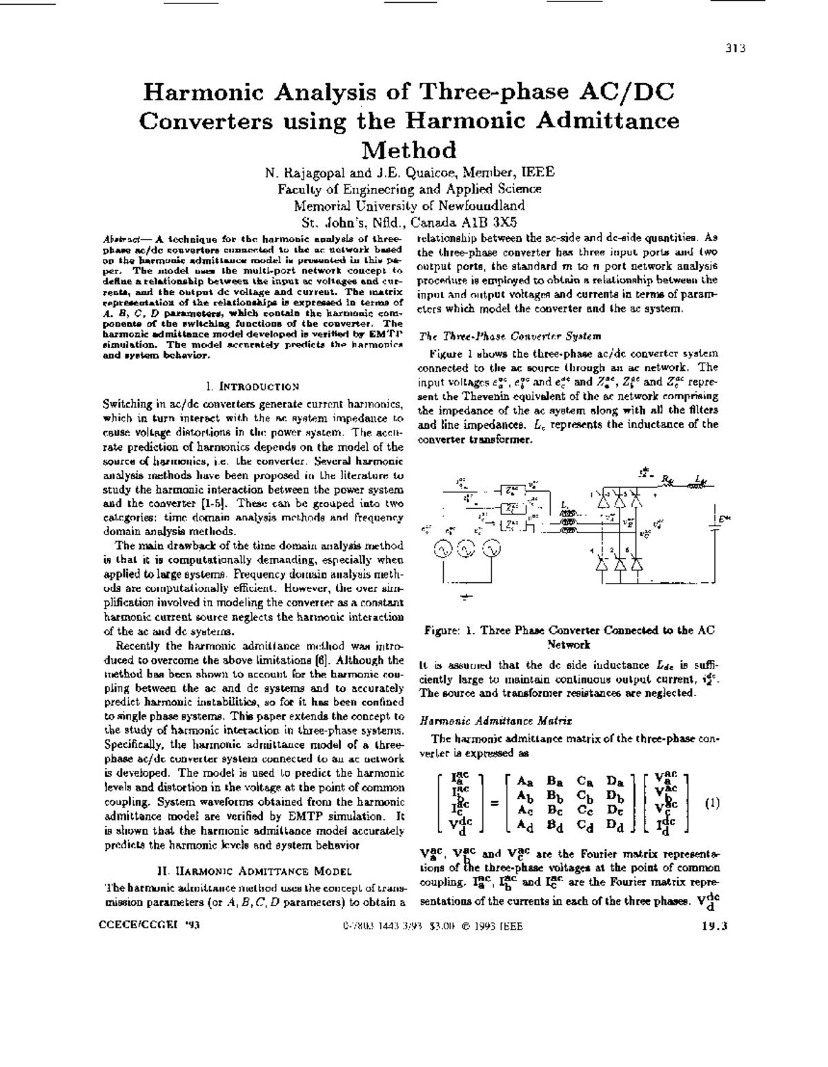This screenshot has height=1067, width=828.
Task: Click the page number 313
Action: coord(736,48)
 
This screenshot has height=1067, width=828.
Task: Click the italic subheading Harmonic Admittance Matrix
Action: coord(495,721)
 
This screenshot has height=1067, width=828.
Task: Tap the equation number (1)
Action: coord(713,802)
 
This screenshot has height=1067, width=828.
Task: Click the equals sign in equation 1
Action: coord(494,803)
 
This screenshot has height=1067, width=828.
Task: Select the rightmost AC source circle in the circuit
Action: coord(490,549)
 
